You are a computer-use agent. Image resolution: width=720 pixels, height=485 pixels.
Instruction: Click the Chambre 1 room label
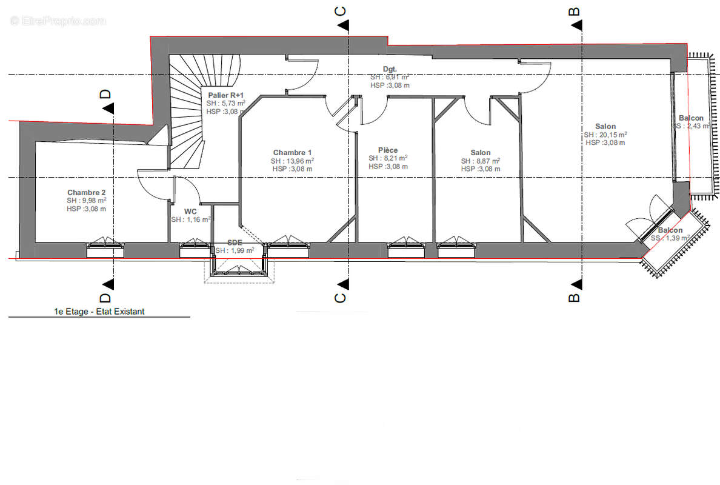click(292, 153)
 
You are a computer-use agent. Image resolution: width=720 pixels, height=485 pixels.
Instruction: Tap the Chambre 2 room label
click(86, 192)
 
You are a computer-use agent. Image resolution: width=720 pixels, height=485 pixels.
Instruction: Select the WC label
click(190, 211)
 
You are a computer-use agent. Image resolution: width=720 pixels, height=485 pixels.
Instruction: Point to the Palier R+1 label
click(226, 95)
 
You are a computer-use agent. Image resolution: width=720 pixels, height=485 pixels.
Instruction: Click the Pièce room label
click(388, 150)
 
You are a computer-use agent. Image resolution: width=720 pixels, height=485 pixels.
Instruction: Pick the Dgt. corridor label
click(390, 69)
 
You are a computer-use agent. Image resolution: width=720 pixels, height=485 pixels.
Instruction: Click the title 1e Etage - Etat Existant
click(99, 312)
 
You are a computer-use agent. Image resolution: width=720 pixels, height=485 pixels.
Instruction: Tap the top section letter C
click(341, 12)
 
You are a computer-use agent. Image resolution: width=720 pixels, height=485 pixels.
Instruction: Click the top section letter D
click(105, 94)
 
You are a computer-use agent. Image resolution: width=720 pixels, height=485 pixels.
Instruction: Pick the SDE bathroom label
click(235, 242)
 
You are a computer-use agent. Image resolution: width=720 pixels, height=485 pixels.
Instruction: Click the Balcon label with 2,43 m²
click(691, 118)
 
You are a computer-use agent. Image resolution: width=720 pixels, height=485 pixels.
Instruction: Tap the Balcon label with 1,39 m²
click(670, 230)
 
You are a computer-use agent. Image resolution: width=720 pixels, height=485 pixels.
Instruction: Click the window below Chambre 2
click(105, 249)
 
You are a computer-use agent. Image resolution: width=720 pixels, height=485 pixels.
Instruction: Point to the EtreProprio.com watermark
click(58, 21)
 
